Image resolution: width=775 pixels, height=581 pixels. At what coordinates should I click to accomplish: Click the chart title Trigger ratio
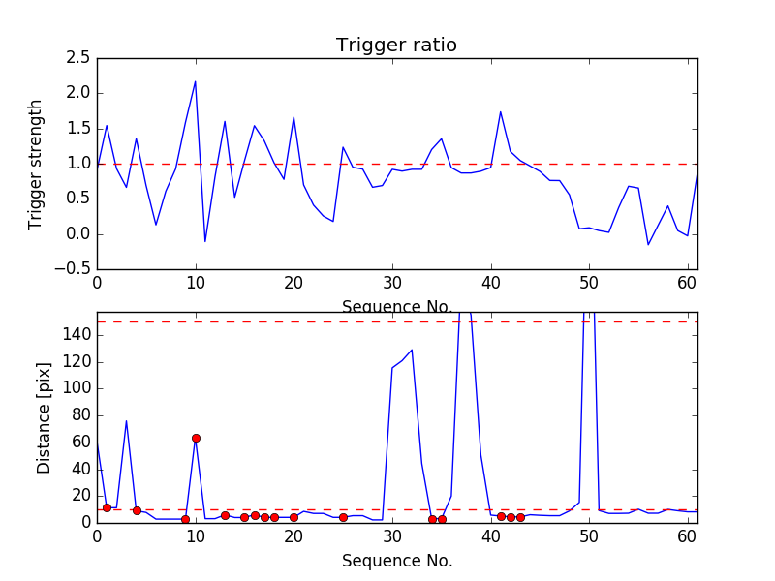396,46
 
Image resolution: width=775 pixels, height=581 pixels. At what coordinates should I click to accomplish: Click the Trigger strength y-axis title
36,164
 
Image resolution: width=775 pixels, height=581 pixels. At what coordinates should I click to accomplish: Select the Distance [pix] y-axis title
45,417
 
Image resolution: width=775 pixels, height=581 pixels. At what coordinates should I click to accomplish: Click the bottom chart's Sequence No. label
396,561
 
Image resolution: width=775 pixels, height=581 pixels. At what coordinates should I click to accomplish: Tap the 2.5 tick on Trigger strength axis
79,58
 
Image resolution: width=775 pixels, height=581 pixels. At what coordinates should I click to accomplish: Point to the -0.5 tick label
74,269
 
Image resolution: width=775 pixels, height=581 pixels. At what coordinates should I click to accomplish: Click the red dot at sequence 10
196,438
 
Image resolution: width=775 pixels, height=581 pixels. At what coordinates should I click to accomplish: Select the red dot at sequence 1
107,507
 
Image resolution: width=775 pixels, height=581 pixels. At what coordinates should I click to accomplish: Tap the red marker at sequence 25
343,517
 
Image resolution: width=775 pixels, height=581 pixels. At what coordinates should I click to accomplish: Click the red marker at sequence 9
185,519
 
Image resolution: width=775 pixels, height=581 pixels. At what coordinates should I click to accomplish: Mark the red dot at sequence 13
225,515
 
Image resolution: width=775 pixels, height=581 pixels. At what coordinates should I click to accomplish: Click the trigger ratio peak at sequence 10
196,81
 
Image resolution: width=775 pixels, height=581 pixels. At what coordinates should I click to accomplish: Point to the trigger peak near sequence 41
500,111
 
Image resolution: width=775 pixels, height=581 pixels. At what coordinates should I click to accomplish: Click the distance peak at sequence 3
126,420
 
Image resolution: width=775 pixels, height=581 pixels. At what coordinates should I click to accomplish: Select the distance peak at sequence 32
412,350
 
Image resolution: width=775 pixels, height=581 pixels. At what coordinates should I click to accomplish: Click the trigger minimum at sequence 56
648,244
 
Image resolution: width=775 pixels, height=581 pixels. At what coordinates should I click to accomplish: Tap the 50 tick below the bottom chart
589,535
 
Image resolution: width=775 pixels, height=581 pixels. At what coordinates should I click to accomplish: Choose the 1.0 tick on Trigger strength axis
79,164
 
